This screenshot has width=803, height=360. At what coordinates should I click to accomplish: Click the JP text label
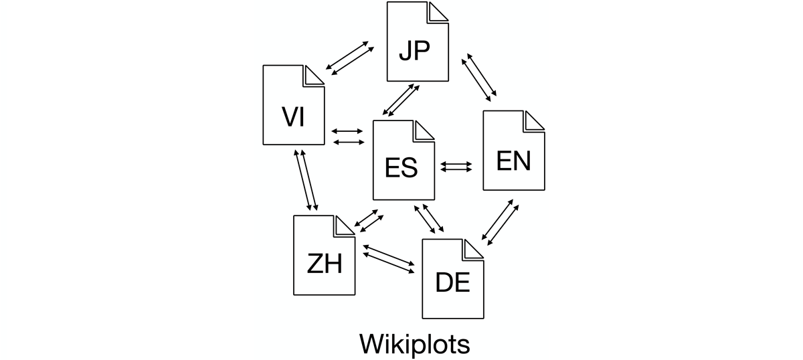click(x=414, y=50)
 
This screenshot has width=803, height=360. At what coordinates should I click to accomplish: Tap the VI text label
click(x=293, y=116)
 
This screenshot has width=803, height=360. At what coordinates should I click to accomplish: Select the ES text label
click(x=401, y=167)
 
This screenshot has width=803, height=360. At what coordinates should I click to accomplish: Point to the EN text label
click(x=513, y=161)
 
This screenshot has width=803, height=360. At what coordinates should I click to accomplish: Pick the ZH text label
click(x=325, y=264)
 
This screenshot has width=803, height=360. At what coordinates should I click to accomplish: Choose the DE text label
click(x=453, y=284)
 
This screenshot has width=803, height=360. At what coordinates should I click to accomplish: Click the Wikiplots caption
click(x=415, y=344)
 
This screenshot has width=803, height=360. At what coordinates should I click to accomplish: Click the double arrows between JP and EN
click(x=479, y=76)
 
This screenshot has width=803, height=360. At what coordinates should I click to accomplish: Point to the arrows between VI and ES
click(x=347, y=136)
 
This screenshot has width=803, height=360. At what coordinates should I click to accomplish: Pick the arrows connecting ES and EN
click(x=456, y=167)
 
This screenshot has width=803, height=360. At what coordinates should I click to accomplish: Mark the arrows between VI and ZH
click(x=306, y=180)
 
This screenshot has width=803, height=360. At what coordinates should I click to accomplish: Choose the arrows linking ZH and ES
click(x=368, y=220)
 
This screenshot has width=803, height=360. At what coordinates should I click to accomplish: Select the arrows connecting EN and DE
click(x=500, y=221)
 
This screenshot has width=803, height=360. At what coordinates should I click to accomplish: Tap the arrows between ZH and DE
click(x=388, y=258)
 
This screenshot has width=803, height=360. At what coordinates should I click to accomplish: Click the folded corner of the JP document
click(x=438, y=12)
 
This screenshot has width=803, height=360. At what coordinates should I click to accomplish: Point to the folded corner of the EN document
click(x=533, y=121)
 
